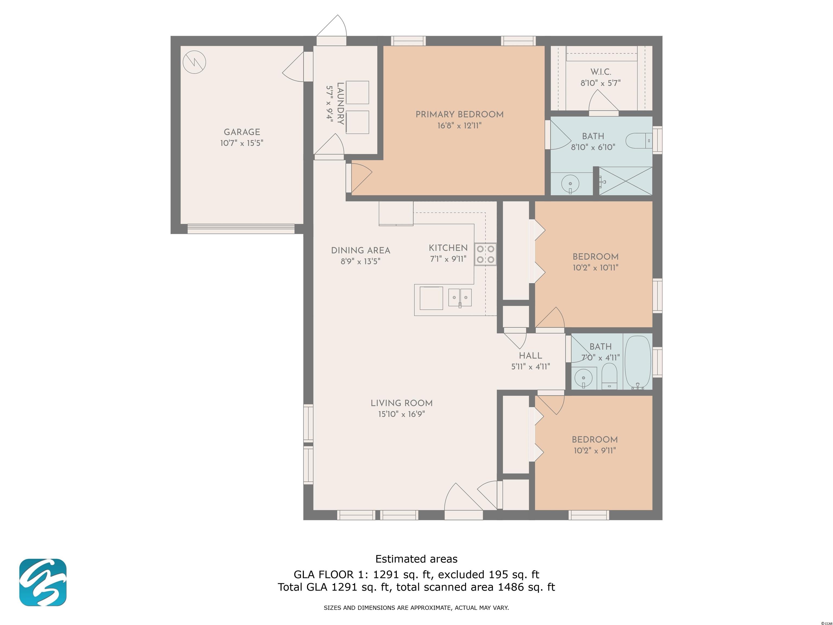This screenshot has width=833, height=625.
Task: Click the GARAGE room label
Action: [242, 132]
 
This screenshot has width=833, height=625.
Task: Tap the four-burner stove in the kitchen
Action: [485, 254]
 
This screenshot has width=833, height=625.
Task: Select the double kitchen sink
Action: [460, 298]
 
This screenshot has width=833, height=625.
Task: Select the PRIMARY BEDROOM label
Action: [459, 114]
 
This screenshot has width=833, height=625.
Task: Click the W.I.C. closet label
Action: [601, 72]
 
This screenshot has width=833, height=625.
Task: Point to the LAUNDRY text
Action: [340, 103]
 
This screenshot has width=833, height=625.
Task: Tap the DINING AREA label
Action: [360, 251]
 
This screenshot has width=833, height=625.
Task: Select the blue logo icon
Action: [43, 582]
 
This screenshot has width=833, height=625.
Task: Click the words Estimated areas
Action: [416, 559]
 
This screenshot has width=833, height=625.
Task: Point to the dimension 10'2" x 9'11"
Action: [595, 451]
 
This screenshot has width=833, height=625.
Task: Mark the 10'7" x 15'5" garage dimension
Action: [242, 143]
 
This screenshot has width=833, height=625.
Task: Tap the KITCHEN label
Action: [448, 248]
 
